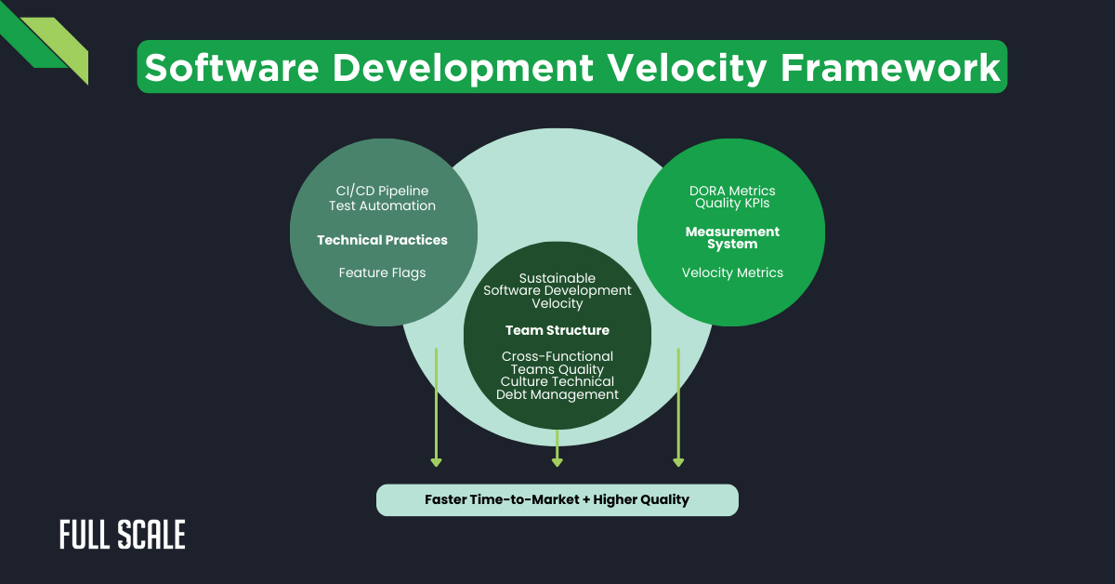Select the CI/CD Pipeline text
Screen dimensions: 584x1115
coord(382,191)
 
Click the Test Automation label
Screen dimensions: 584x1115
coord(382,206)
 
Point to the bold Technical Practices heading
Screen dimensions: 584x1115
coord(382,240)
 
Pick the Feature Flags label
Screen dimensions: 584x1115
coord(382,272)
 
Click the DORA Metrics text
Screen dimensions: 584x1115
coord(732,191)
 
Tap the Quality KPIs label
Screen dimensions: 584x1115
coord(732,204)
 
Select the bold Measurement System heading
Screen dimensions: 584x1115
coord(732,237)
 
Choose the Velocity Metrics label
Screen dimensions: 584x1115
coord(732,272)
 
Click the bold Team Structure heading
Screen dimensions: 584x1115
coord(557,330)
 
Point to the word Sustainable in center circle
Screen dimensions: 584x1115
coord(557,278)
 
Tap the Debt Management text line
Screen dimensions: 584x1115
coord(557,394)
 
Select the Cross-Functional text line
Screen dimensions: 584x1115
coord(557,356)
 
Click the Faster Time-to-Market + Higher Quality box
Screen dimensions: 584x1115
coord(557,499)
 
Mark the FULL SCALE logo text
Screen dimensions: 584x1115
coord(122,535)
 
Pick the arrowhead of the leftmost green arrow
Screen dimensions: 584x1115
coord(436,461)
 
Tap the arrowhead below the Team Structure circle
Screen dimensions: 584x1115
coord(557,461)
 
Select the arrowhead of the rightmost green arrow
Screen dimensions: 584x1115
coord(678,461)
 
